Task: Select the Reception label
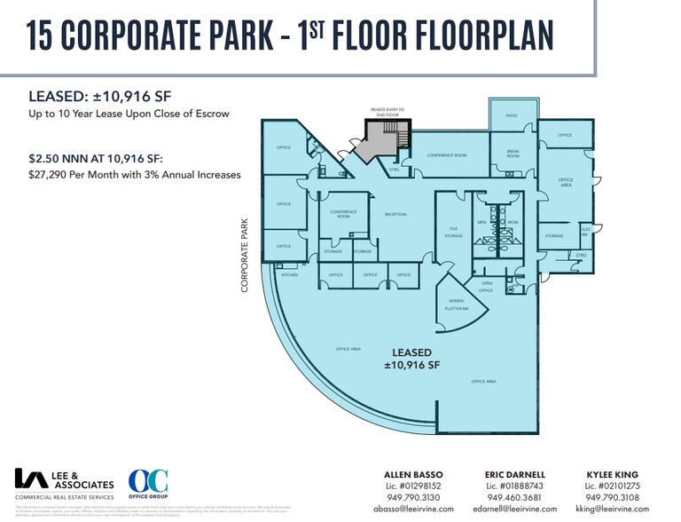coord(395,215)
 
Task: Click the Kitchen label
coord(290,275)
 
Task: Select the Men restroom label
coord(481,221)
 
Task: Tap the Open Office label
coord(486,288)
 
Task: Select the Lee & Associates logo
coord(65,485)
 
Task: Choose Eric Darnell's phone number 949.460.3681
coord(520,497)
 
